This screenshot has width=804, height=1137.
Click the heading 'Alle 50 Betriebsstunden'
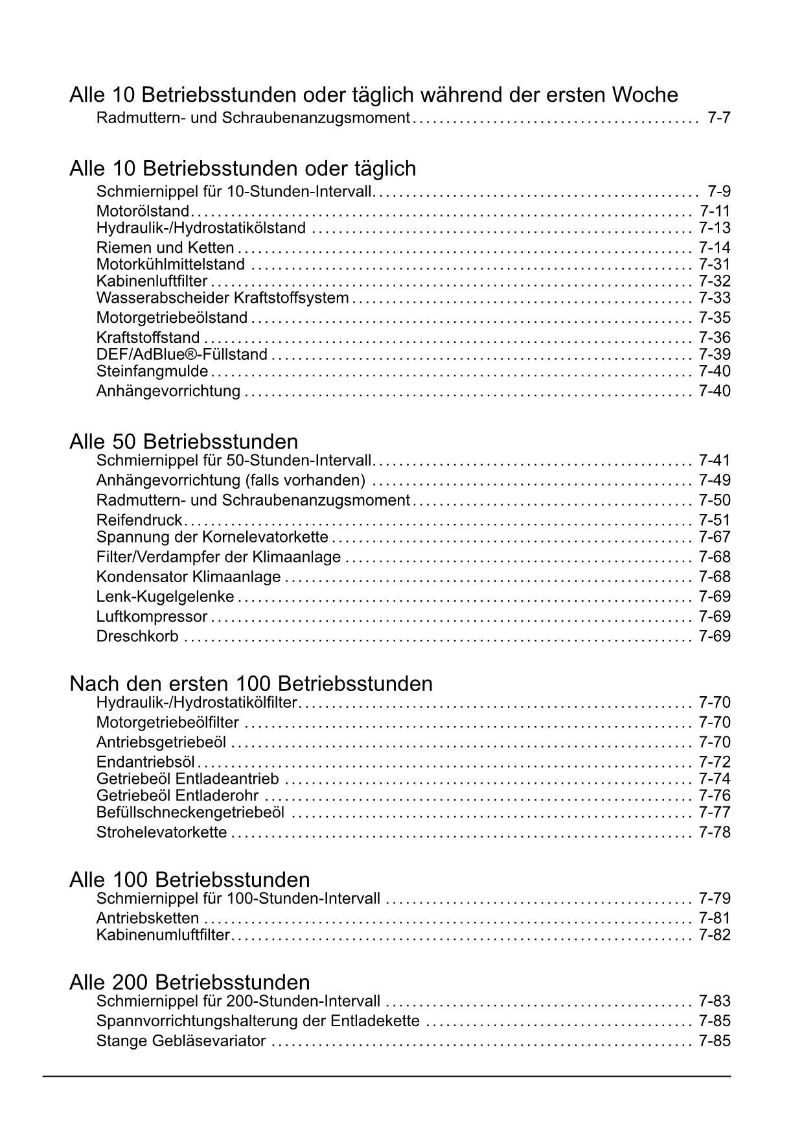tap(184, 441)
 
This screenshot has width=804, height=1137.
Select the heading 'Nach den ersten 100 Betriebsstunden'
tap(251, 683)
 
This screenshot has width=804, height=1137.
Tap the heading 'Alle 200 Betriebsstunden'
tap(189, 981)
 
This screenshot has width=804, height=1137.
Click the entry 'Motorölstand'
tap(143, 211)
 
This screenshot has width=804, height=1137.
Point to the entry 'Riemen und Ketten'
tap(165, 247)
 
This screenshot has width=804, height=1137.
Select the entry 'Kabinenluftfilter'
tap(152, 281)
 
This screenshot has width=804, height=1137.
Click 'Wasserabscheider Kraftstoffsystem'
tap(222, 298)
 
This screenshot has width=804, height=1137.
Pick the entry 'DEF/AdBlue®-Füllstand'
tap(181, 354)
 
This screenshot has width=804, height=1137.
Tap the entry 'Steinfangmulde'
tap(152, 371)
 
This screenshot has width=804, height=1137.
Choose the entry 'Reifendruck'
tap(139, 520)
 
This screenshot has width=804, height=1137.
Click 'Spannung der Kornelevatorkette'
tap(212, 537)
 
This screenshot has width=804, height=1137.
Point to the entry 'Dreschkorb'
tap(137, 636)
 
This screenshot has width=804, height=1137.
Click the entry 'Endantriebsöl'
tap(146, 762)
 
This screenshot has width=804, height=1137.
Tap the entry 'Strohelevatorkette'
tap(161, 832)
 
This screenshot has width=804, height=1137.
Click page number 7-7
tap(719, 118)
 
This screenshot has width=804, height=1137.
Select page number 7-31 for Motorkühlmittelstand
tap(714, 264)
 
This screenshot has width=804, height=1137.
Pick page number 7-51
tap(714, 520)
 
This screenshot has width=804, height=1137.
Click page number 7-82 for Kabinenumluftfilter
tap(714, 934)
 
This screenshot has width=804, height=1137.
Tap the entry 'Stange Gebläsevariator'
tap(181, 1041)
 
